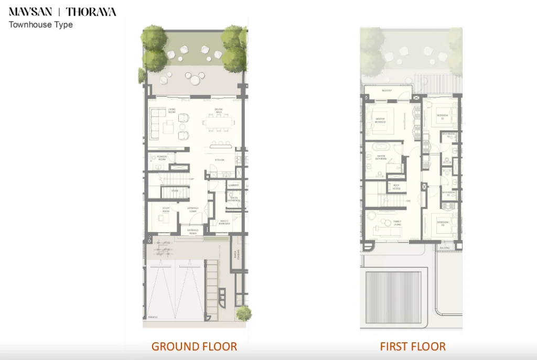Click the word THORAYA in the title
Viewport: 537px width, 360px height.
tap(91, 12)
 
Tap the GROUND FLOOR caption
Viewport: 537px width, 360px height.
tap(194, 346)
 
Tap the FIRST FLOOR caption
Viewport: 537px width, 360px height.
tap(413, 346)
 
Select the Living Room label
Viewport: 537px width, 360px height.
tap(171, 111)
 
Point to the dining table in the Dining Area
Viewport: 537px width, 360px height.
tap(219, 122)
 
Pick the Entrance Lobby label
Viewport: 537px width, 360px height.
tap(193, 210)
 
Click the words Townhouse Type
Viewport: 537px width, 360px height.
tap(40, 25)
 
